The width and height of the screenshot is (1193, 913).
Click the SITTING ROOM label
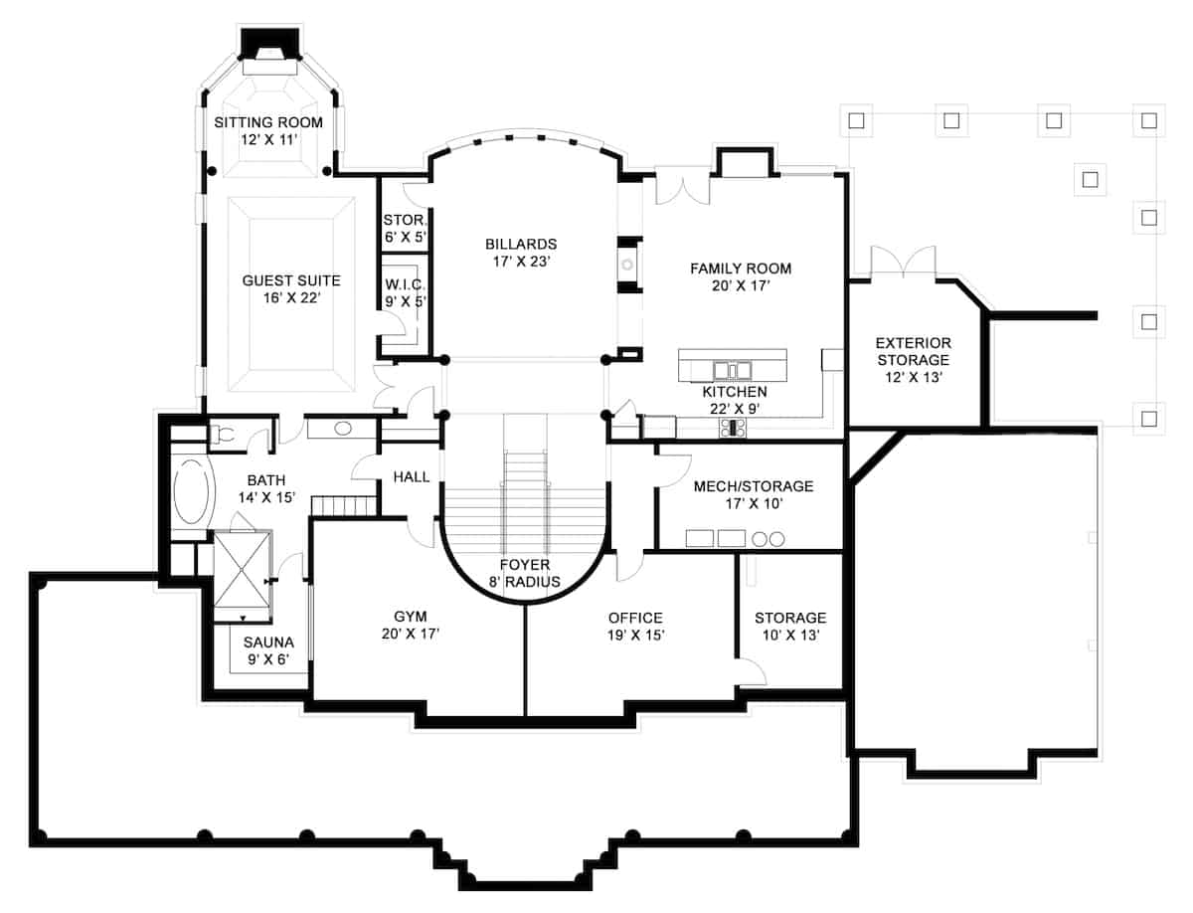pos(268,130)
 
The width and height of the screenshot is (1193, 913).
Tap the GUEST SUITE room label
pos(291,289)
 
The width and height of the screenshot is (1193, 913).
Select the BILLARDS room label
pos(521,253)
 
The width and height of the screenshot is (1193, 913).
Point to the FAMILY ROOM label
pos(741,276)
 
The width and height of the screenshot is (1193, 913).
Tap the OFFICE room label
pos(635,627)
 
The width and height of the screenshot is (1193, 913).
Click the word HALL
pos(412,477)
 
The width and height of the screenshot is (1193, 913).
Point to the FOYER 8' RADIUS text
pos(524,574)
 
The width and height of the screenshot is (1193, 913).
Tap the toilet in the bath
pos(222,434)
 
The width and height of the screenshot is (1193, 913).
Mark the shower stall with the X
pos(244,574)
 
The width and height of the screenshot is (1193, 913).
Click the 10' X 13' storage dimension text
pos(789,637)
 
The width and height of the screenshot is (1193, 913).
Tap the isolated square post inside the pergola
pos(1091,180)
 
